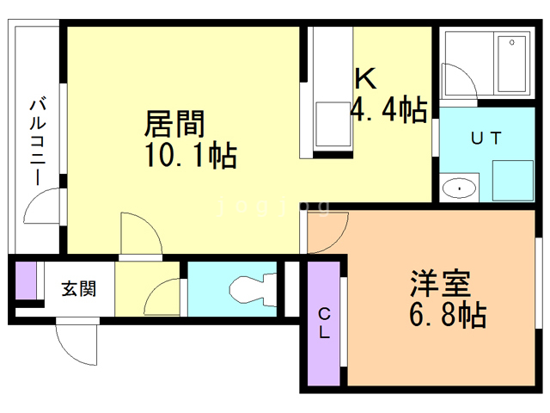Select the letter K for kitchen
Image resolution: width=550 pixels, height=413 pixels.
[x=365, y=79]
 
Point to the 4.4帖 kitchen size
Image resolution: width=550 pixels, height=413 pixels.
[x=389, y=109]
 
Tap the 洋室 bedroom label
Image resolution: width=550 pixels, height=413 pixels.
[x=438, y=283]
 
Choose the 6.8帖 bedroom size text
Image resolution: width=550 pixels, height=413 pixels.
[x=447, y=315]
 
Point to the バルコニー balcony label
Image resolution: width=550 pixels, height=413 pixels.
[x=37, y=142]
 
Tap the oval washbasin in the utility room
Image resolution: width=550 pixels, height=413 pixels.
[x=461, y=186]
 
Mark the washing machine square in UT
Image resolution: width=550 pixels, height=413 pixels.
[x=513, y=178]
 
